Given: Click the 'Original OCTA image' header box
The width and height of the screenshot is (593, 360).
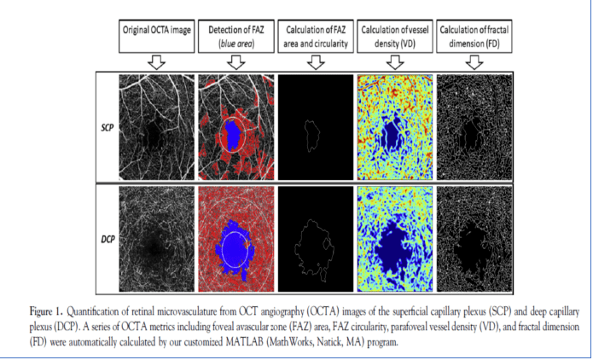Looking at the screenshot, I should point(156,36).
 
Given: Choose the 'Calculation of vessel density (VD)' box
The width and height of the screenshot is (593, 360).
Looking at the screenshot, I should point(394,36).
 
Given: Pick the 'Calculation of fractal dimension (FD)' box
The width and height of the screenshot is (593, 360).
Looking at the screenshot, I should point(474,36).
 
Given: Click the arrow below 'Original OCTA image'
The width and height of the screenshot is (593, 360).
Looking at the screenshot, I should point(156,61).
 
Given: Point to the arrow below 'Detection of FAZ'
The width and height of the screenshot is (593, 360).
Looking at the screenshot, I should point(235,61).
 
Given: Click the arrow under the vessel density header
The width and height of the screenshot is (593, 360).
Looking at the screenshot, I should point(394,61).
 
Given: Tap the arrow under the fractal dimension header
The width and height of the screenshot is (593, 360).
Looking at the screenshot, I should point(474,61).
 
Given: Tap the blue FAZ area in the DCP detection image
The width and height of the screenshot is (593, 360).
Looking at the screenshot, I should point(232,242).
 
